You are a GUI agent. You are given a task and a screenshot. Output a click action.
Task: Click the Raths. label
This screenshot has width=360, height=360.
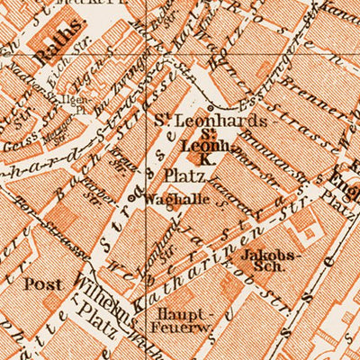[x=53, y=55]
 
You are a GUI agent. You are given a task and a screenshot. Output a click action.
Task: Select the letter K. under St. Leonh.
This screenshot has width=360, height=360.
[x=204, y=158]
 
